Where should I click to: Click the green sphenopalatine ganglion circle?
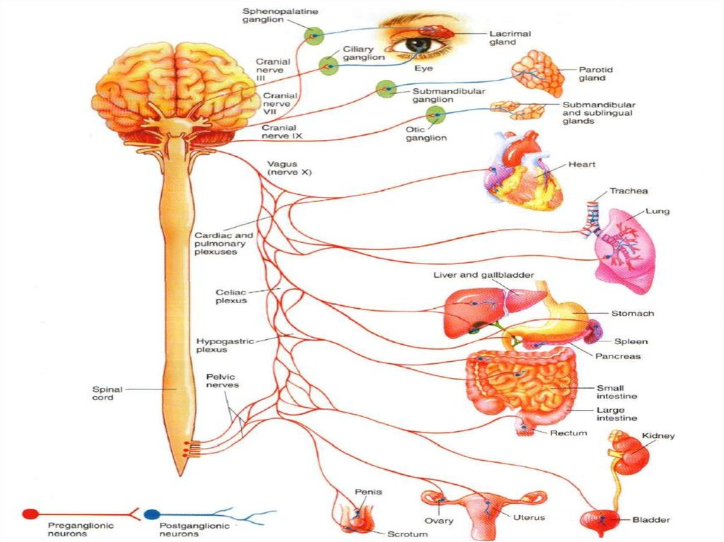313,35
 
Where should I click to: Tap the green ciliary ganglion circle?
329,66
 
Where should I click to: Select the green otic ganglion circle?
436,114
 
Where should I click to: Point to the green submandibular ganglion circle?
386,89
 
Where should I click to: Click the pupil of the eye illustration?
417,45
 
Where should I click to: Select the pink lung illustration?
626,251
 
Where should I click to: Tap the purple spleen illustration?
592,331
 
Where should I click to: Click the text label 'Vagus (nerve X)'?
288,167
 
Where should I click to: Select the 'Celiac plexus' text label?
231,296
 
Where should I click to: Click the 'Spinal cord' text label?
107,393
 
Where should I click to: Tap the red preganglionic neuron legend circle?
30,514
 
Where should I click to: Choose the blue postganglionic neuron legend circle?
151,514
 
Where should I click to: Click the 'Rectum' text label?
568,432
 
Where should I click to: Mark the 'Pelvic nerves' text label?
222,381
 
